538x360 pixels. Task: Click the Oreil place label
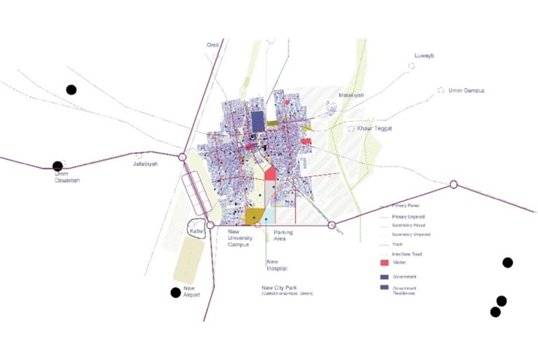[213, 46]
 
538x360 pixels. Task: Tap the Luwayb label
[425, 56]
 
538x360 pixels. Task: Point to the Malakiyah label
[351, 96]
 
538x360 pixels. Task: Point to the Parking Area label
[282, 236]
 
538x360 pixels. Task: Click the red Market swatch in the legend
[385, 262]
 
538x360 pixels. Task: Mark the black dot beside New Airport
[176, 292]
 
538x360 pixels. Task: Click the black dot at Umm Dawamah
[58, 166]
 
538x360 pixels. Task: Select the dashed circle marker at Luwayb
[411, 66]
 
